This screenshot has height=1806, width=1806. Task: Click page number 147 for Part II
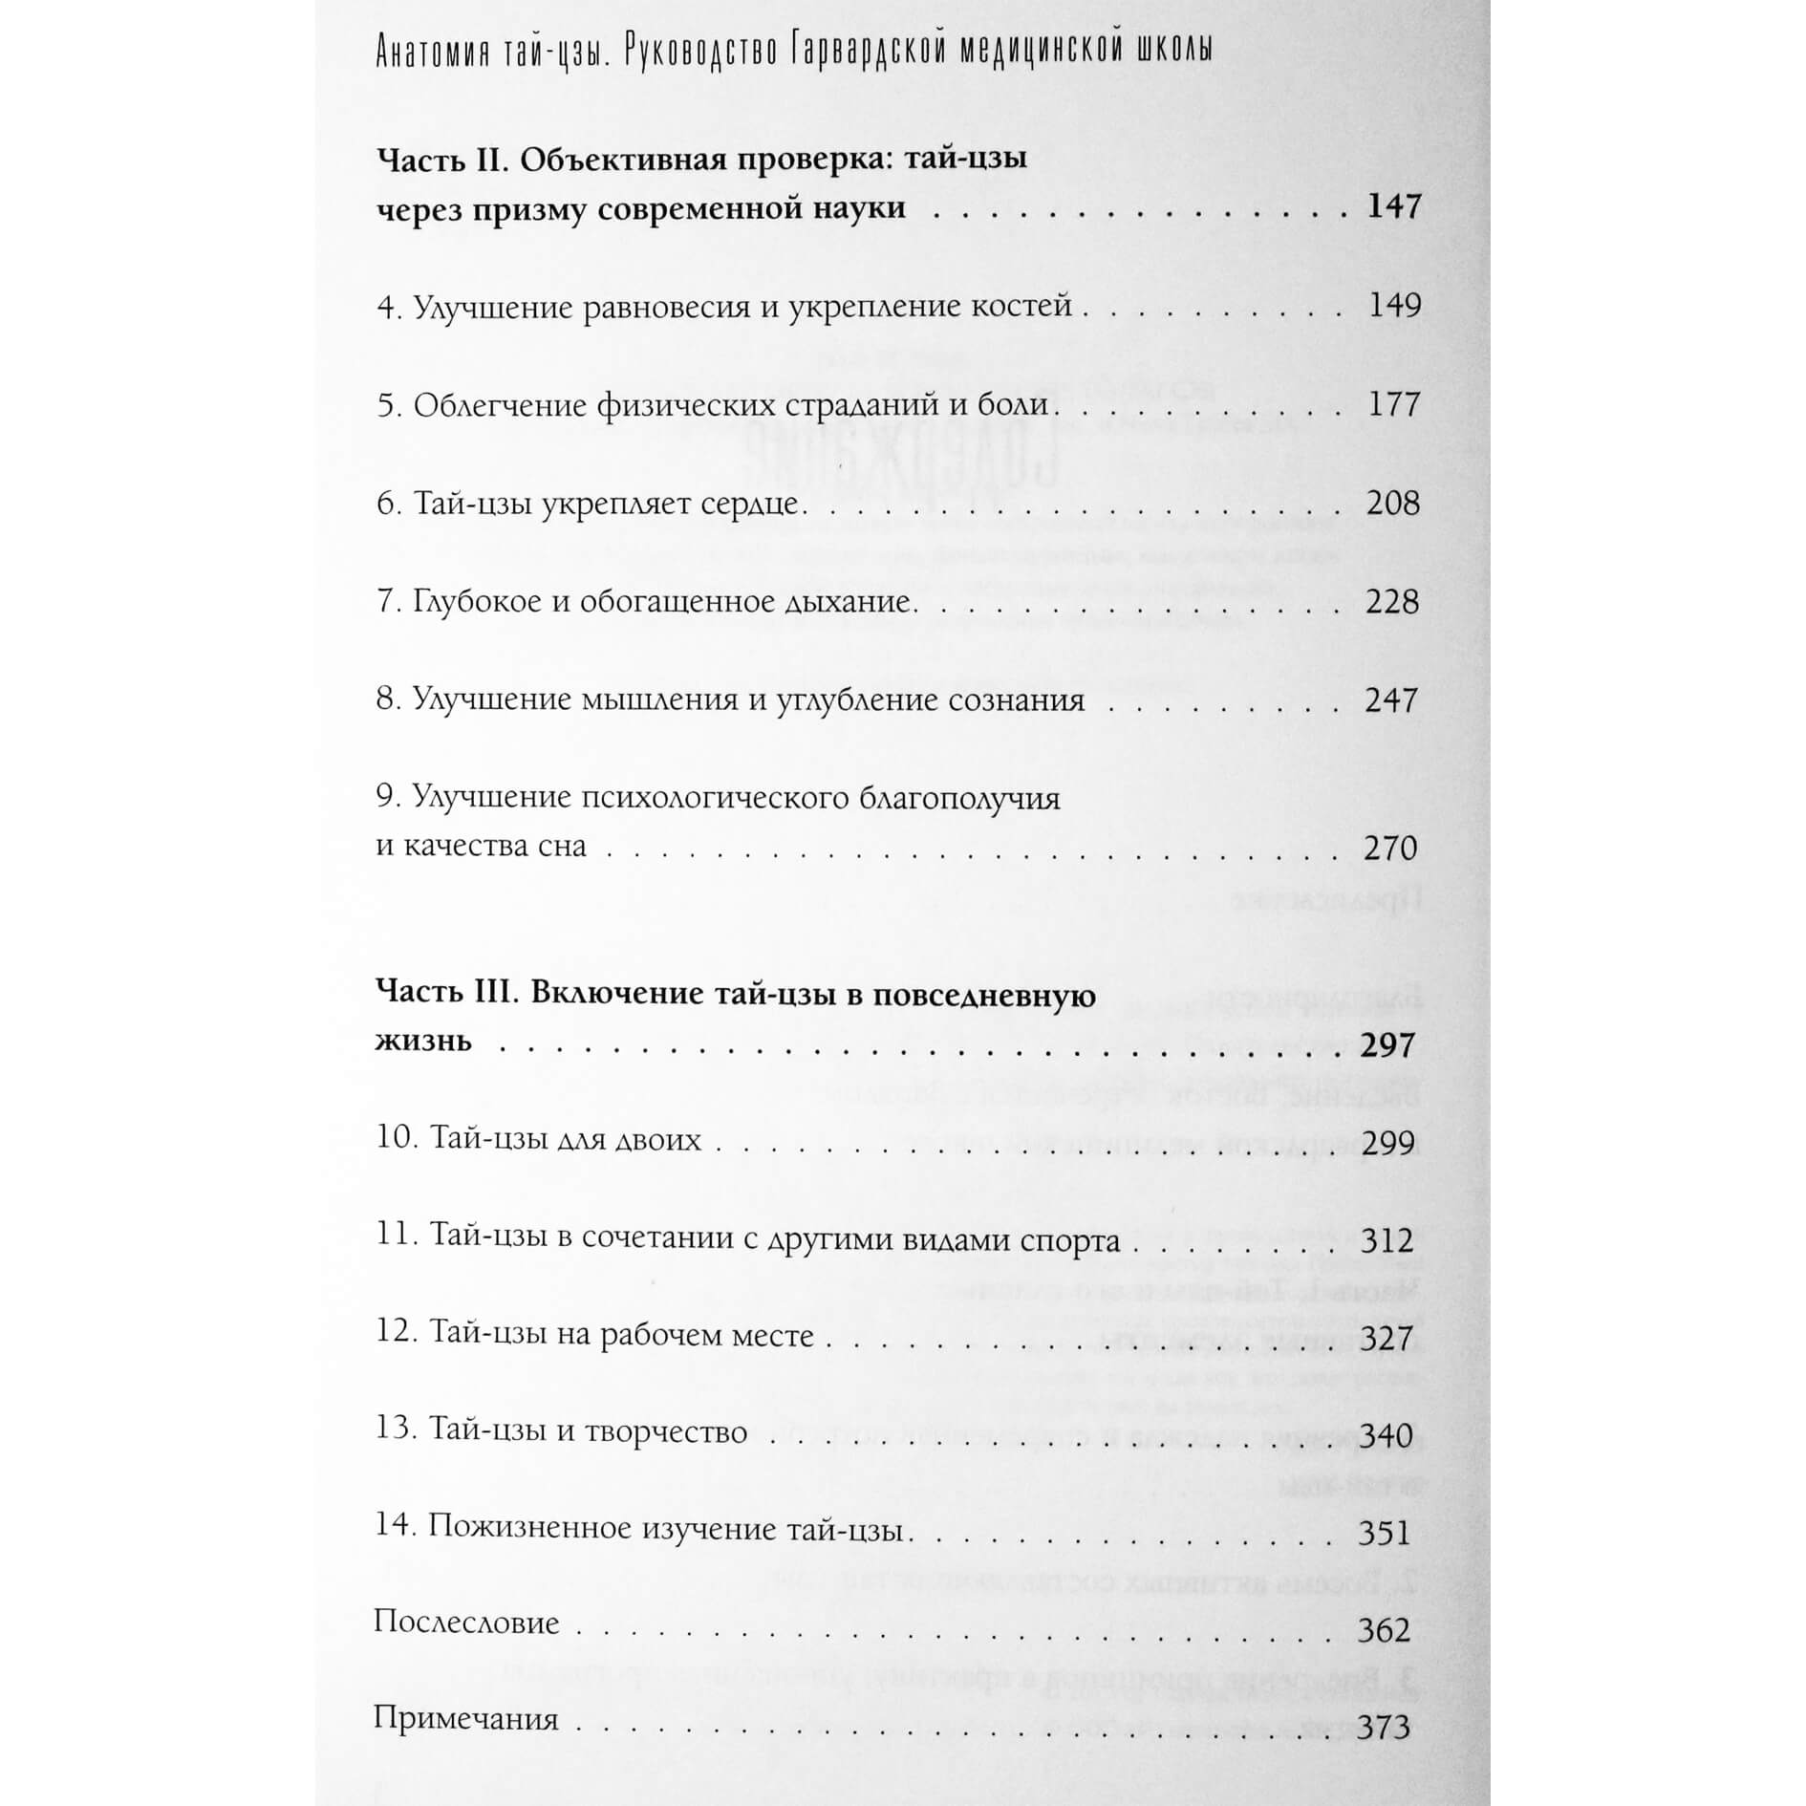coord(1393,206)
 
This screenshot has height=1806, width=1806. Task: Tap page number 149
coord(1393,306)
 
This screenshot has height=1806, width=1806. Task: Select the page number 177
coord(1393,404)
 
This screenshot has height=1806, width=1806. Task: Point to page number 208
coord(1392,503)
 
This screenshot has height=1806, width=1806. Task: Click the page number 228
coord(1392,602)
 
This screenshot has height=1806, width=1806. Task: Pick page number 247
coord(1391,700)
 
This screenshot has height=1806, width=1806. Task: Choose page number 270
coord(1390,848)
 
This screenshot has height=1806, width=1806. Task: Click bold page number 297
coord(1387,1045)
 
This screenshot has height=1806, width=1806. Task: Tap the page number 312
coord(1387,1241)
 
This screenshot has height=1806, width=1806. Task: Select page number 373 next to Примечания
coord(1384,1728)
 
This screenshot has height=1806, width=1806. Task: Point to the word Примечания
coord(465,1721)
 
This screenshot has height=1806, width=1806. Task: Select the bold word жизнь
coord(423,1041)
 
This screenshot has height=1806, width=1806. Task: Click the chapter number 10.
coord(394,1140)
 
